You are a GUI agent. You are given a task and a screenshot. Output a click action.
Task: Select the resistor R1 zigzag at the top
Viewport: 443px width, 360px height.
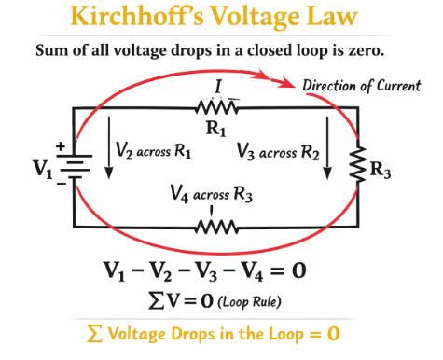pos(216,107)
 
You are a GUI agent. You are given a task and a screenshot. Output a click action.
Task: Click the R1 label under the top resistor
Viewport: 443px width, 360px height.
pos(216,129)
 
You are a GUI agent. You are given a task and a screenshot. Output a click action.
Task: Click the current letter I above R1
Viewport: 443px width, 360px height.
pos(216,88)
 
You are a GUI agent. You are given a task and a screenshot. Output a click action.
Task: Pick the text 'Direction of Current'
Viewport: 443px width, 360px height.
pos(361,86)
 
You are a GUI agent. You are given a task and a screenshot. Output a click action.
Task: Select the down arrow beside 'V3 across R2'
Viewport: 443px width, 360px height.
pos(327,161)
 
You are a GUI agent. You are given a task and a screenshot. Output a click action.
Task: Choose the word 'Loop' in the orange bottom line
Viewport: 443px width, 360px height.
pos(279,333)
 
